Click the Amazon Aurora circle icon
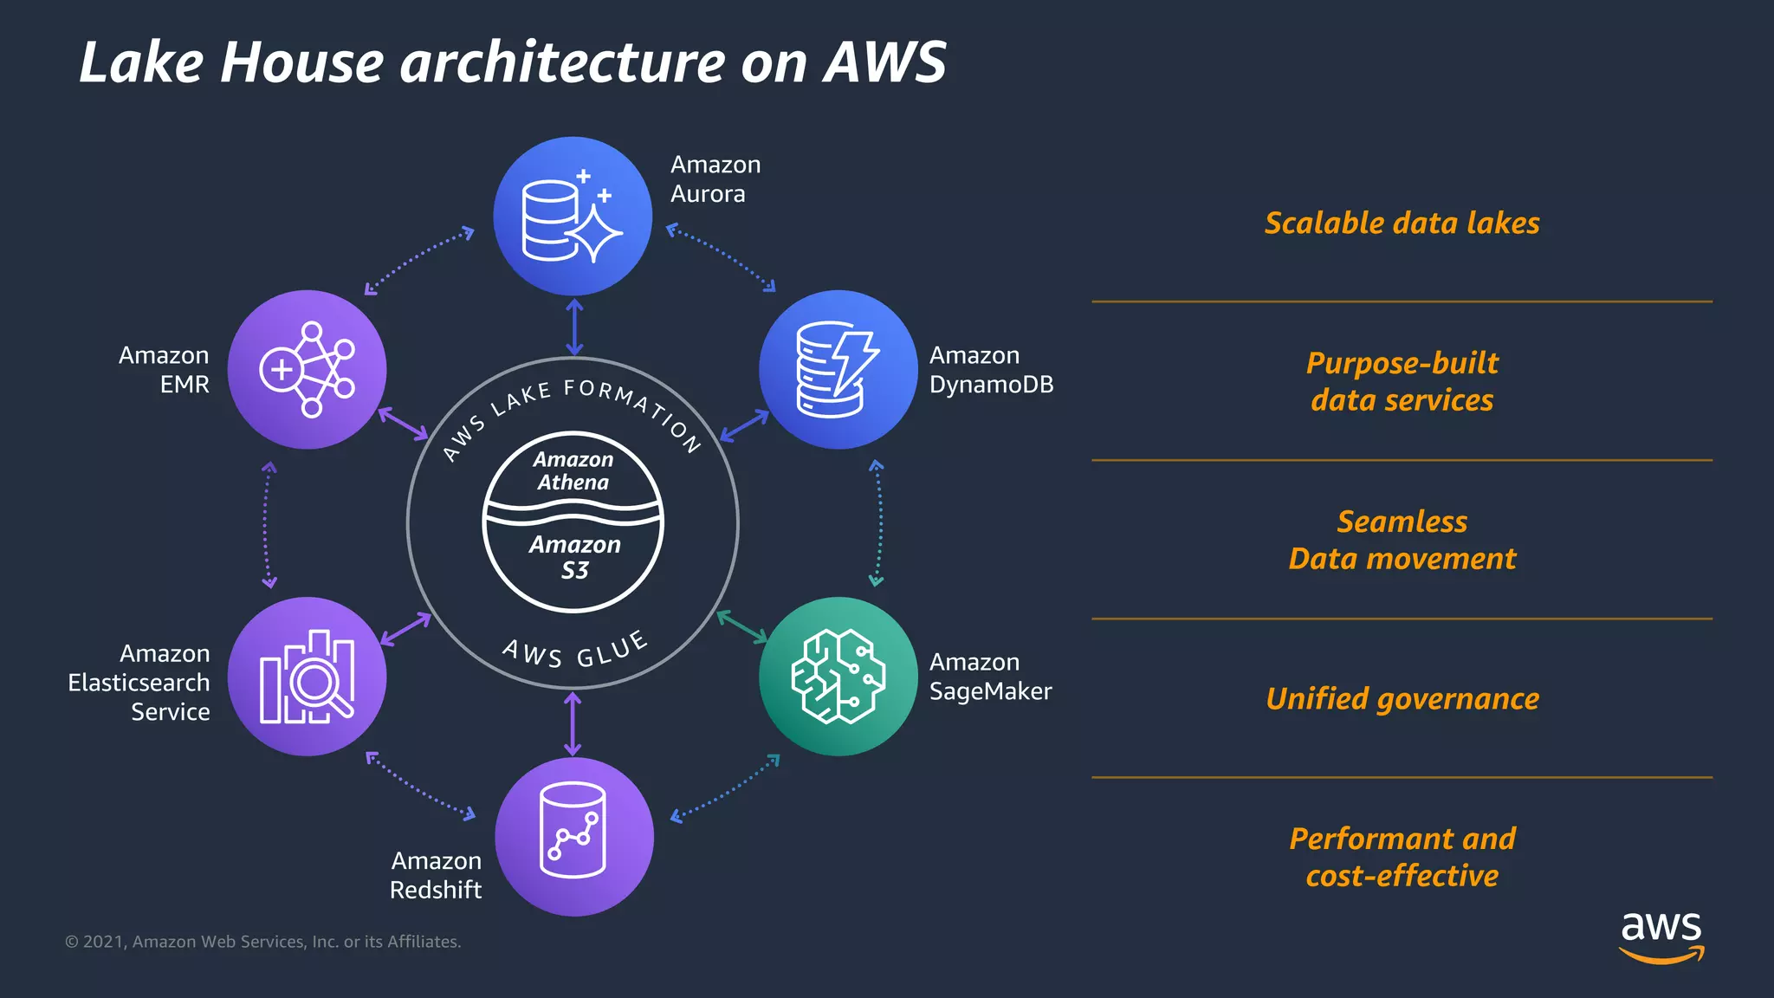573,216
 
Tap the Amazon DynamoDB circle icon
838,369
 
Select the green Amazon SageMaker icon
838,676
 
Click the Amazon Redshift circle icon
573,836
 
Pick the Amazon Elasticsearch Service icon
307,676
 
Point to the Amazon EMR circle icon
307,369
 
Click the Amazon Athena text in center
573,471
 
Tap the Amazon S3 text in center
574,557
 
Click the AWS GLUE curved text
575,651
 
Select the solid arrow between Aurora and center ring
574,327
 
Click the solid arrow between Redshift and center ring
573,723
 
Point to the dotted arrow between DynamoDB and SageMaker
878,523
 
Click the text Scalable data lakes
1402,224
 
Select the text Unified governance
1402,699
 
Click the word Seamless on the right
1402,522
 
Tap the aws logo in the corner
1661,936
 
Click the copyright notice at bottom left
263,942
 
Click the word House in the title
301,62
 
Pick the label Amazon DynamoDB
991,370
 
